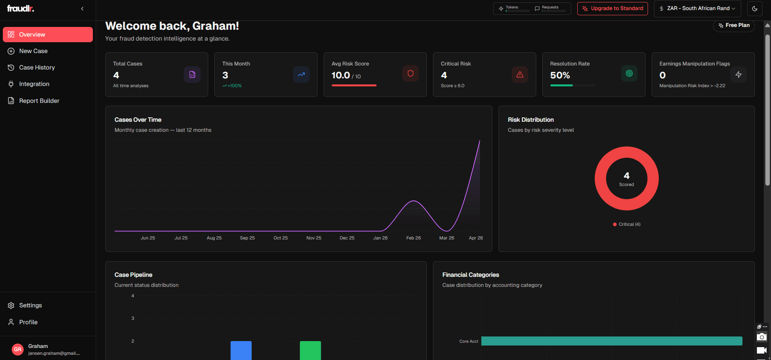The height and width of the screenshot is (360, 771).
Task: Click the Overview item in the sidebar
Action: (x=47, y=35)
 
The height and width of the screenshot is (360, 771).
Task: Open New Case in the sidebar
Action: (x=33, y=51)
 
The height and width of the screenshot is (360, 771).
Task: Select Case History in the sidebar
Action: (x=37, y=67)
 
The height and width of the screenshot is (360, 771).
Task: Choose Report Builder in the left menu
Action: (x=39, y=101)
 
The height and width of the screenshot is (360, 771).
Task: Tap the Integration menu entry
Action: (x=34, y=84)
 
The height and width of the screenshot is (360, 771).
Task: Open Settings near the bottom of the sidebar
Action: (x=30, y=305)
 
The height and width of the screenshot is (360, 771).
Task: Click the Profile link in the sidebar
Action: (x=28, y=322)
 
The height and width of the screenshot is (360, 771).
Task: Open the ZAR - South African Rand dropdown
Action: (x=697, y=8)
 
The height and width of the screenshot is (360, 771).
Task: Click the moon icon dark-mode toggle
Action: (x=755, y=8)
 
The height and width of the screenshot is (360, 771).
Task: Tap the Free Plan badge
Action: (x=734, y=25)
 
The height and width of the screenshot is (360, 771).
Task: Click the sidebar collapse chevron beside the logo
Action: (x=82, y=8)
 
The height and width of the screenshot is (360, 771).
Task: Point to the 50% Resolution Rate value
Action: (x=560, y=76)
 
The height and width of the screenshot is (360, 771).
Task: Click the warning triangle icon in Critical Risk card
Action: (x=520, y=74)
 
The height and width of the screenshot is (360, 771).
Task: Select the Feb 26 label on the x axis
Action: (x=413, y=238)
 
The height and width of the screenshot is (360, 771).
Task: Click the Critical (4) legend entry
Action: (x=627, y=224)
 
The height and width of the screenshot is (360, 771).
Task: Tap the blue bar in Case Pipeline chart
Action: (x=241, y=350)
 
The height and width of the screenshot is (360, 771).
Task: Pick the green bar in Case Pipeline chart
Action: (x=310, y=350)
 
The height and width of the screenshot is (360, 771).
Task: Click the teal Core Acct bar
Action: (x=611, y=341)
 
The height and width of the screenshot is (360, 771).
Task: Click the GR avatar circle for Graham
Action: (x=18, y=349)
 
